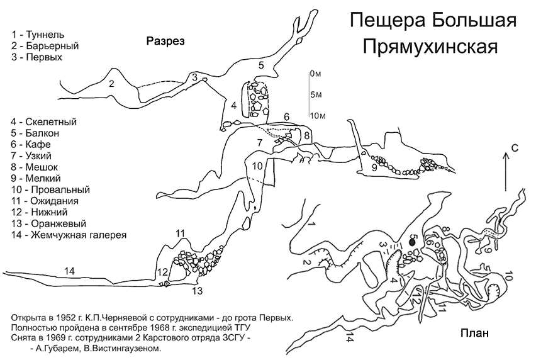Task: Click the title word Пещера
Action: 387,21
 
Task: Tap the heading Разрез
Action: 165,41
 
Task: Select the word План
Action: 474,333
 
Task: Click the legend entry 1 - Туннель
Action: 38,35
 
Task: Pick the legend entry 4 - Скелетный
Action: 44,121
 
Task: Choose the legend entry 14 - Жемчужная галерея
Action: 69,235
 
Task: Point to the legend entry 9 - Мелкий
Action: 36,178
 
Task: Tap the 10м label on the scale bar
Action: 318,116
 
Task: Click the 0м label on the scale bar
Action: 316,74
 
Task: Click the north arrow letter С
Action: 515,148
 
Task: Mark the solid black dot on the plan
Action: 412,242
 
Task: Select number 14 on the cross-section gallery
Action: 69,271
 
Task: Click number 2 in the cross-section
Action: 111,83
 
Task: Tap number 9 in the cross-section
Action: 374,168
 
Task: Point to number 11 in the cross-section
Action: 180,234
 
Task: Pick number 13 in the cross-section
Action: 198,291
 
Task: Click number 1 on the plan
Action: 311,223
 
